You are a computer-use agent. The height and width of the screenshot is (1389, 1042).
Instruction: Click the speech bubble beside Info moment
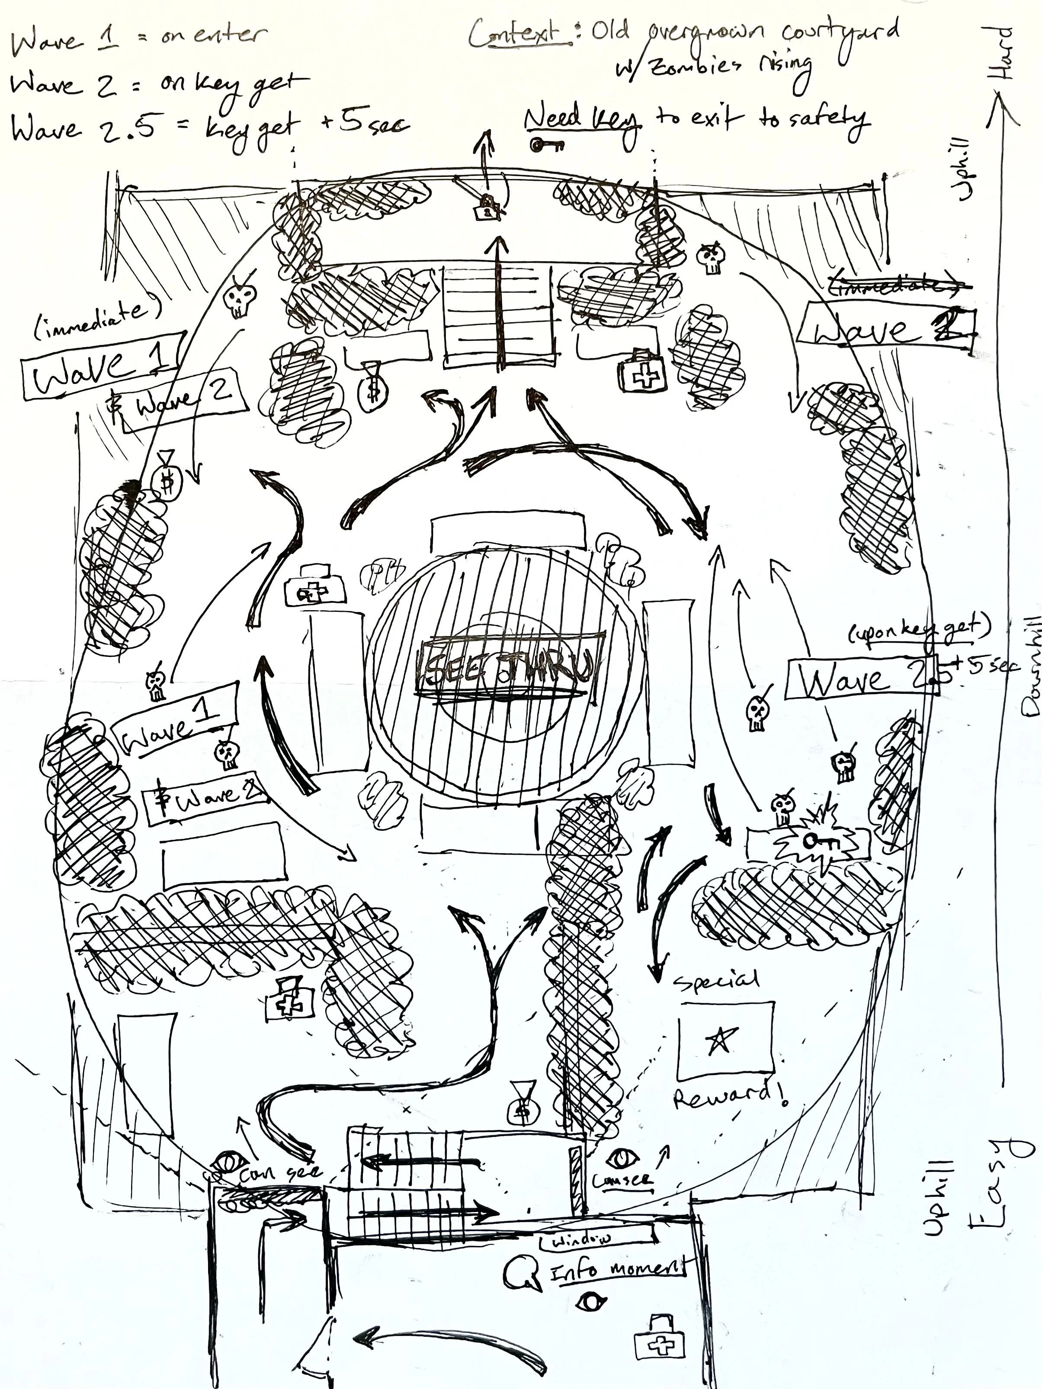tap(522, 1272)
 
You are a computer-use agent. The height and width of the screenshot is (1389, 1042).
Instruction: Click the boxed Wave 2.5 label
tap(860, 679)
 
